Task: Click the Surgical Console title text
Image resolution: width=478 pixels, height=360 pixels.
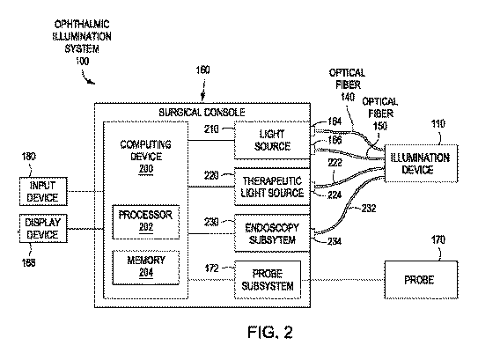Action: point(202,113)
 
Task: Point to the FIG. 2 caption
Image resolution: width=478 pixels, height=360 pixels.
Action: point(270,332)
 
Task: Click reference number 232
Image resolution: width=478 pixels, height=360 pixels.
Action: point(369,209)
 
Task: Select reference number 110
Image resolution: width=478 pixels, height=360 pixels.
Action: point(438,124)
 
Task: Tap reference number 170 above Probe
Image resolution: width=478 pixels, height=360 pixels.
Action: point(438,240)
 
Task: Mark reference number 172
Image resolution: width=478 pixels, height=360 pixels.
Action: point(212,268)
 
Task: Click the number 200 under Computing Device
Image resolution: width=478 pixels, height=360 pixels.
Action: point(146,169)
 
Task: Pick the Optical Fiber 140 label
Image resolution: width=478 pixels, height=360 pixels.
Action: point(347,84)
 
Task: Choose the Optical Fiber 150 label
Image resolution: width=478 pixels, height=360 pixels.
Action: point(380,114)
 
